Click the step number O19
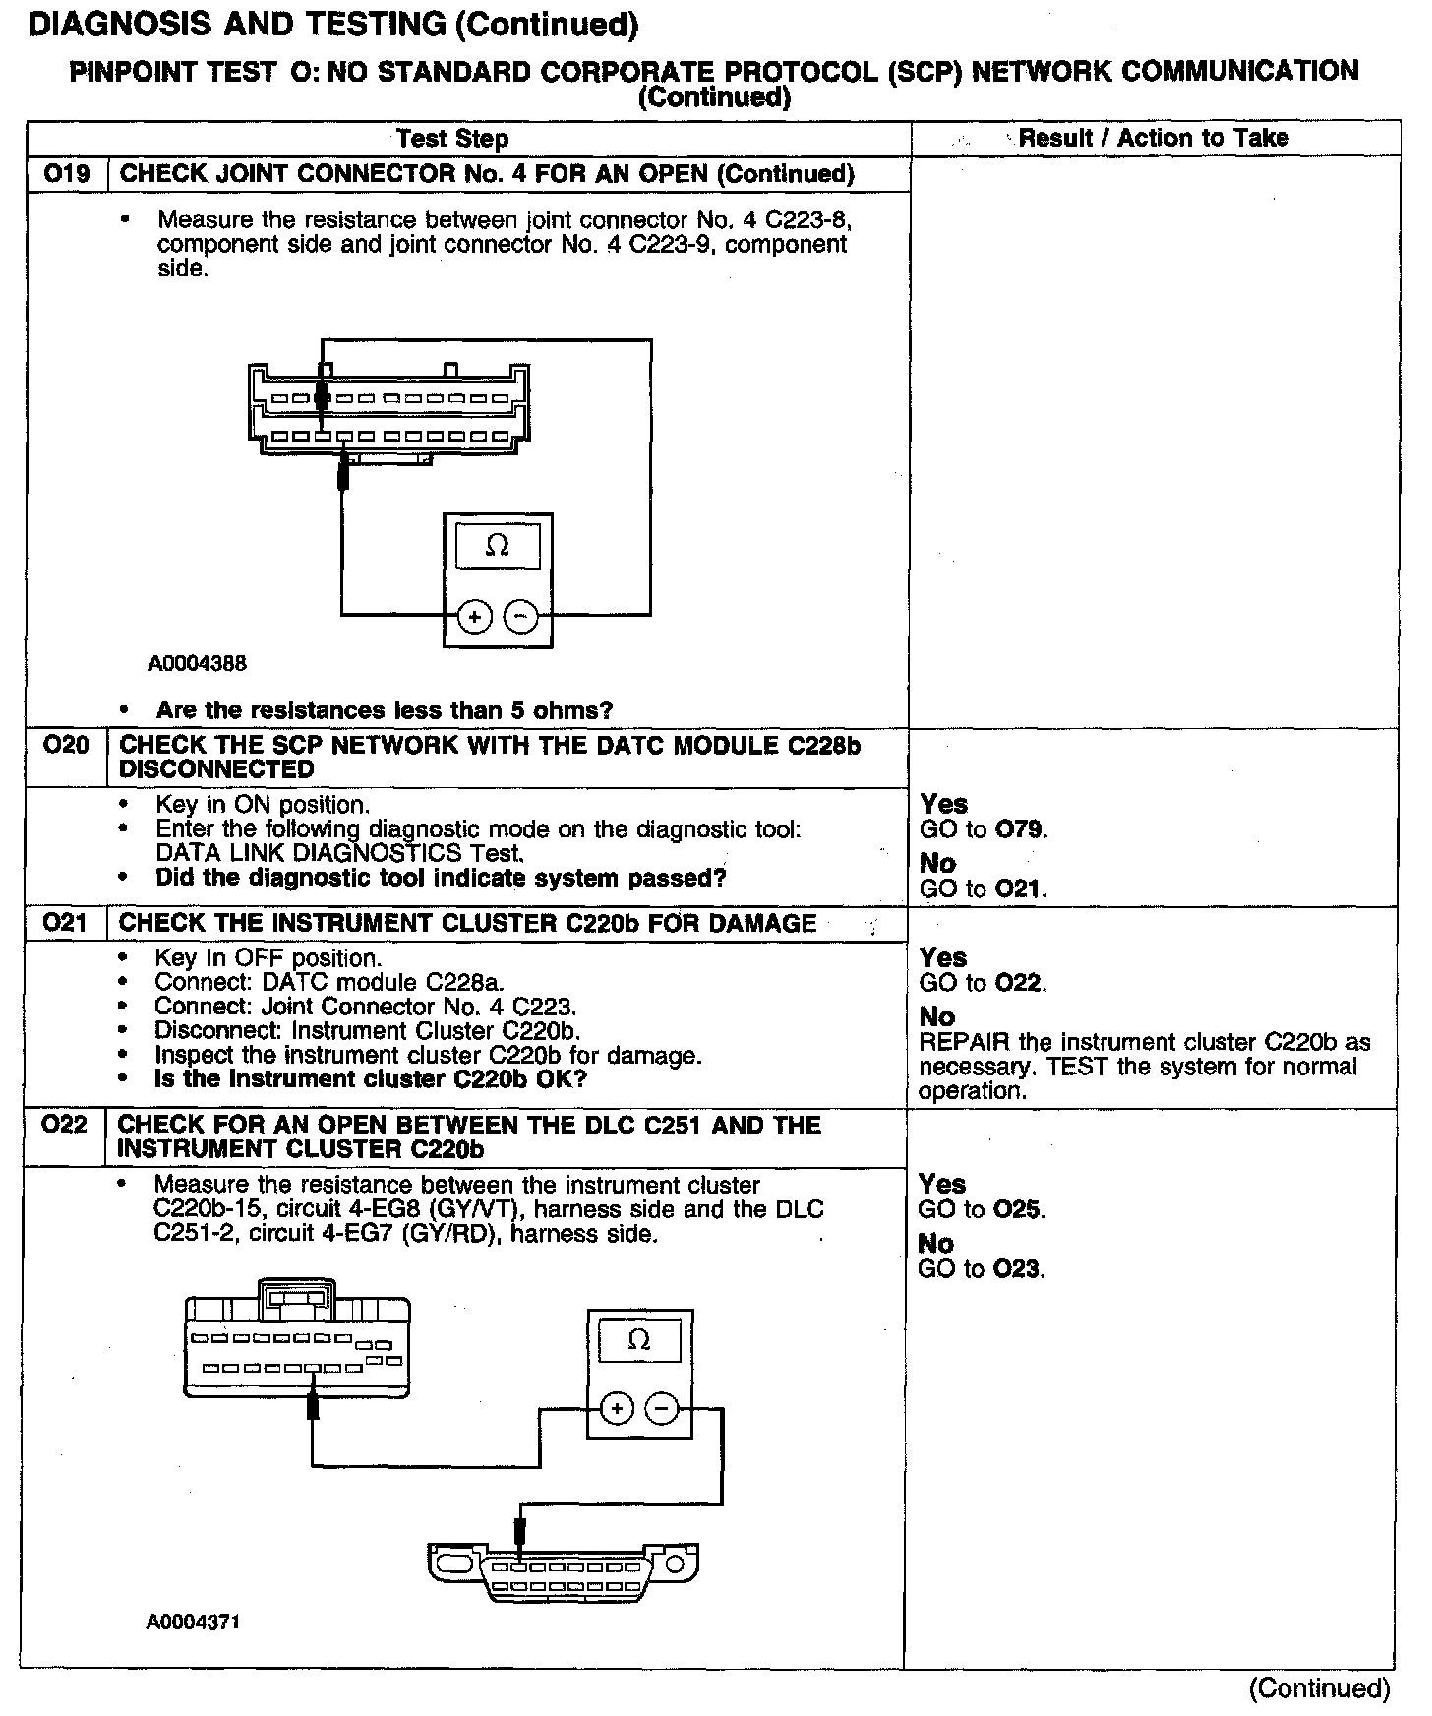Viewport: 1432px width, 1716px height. [x=66, y=174]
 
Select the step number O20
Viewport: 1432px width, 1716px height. [x=66, y=745]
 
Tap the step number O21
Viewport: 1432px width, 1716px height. [x=65, y=923]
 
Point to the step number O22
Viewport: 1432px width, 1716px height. [x=65, y=1125]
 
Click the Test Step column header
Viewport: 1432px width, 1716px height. [x=452, y=139]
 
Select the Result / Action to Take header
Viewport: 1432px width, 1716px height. [x=1153, y=138]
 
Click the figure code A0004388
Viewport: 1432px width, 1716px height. [x=197, y=664]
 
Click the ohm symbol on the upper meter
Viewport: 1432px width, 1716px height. [x=498, y=546]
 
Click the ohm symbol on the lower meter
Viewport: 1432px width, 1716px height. [x=639, y=1340]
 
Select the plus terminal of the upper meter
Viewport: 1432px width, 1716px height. [x=474, y=617]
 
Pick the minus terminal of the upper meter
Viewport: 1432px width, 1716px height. [x=520, y=617]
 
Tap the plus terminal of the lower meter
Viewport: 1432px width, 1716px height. [x=617, y=1409]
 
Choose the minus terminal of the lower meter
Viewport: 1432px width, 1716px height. [x=661, y=1409]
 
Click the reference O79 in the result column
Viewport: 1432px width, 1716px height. [x=1020, y=829]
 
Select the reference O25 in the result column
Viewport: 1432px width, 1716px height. [x=1019, y=1209]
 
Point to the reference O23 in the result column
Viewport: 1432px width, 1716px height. [x=1018, y=1269]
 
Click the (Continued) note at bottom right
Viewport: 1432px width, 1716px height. [x=1318, y=1688]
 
